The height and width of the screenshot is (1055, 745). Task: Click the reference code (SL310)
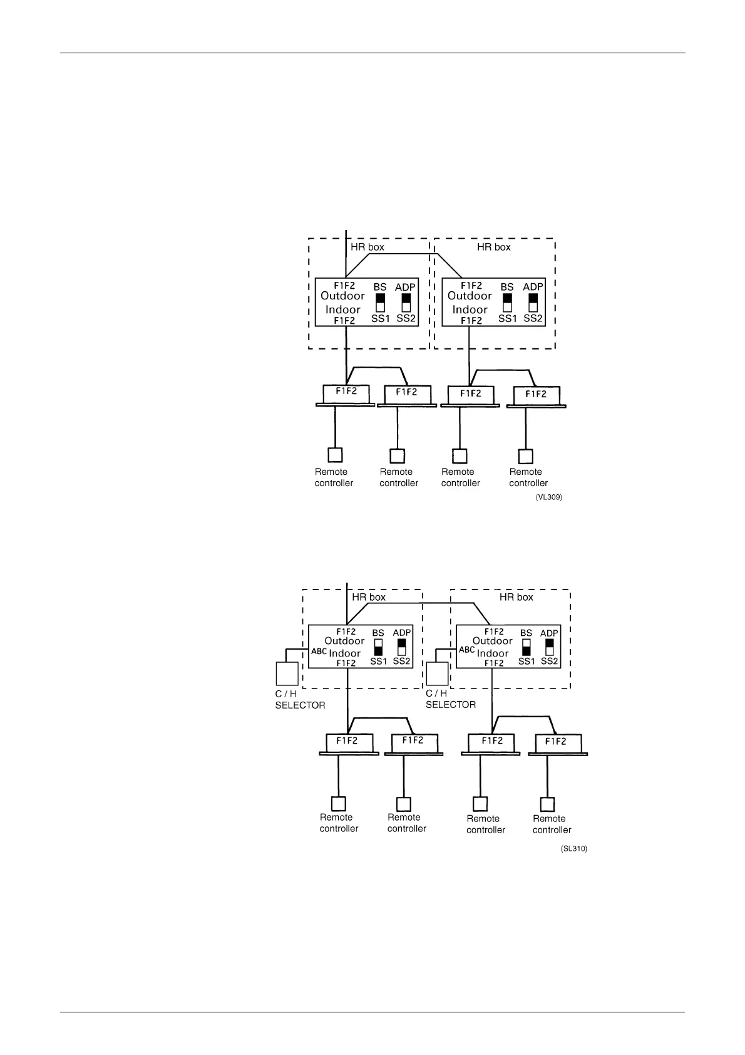(x=573, y=849)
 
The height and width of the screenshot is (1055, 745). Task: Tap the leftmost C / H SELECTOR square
(x=287, y=673)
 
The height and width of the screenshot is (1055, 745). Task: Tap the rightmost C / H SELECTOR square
(x=437, y=673)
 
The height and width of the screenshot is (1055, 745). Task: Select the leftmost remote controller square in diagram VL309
(x=335, y=455)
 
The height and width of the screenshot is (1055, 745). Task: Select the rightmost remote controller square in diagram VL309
(x=526, y=457)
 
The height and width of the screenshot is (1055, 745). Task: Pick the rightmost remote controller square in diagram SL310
(x=548, y=804)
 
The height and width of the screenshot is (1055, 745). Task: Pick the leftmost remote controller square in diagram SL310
(x=339, y=804)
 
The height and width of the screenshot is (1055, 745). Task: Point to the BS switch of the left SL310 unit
(x=378, y=647)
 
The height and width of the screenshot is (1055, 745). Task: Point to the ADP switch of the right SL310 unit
(x=549, y=647)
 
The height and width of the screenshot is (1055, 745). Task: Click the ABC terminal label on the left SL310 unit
(x=319, y=651)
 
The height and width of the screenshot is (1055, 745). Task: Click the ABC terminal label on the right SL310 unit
(x=467, y=650)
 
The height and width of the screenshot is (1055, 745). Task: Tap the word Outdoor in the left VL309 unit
(x=342, y=296)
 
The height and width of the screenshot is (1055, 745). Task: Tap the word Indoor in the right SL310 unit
(x=493, y=653)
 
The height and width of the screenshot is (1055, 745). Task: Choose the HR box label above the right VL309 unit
(x=494, y=247)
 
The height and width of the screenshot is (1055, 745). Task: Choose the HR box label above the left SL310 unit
(x=369, y=597)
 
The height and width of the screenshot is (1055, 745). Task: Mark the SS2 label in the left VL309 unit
(x=406, y=318)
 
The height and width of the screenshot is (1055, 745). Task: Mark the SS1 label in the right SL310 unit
(x=527, y=662)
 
